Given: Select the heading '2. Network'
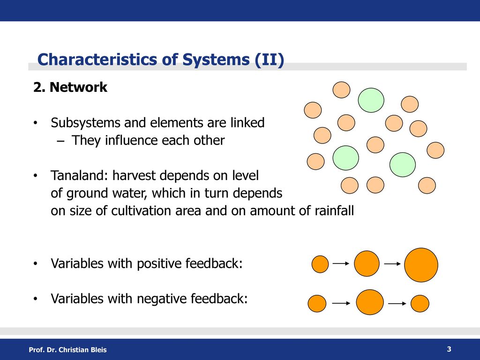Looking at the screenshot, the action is [70, 87].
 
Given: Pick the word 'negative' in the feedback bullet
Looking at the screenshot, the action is [161, 299].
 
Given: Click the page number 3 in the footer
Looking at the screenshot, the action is [449, 349].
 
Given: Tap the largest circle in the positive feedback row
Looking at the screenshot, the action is [421, 265].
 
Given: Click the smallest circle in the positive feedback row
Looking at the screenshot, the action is [320, 264].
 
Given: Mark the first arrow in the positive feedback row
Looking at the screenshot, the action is [341, 263].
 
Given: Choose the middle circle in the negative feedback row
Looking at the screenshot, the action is [370, 302].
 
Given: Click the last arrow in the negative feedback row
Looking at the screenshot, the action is [397, 303].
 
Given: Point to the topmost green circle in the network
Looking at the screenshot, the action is [371, 100].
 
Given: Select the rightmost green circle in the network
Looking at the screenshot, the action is [403, 165].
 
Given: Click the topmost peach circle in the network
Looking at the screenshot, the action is [341, 90].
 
